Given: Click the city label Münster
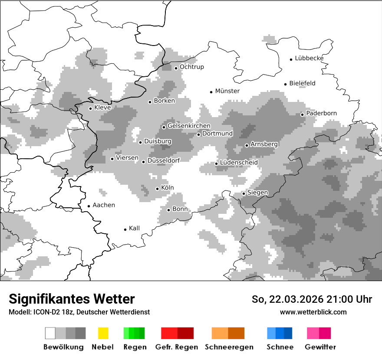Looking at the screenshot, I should point(227,91).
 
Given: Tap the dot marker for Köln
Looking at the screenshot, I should point(157,189).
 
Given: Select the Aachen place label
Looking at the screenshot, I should point(104,205).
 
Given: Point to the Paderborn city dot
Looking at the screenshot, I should point(302,115).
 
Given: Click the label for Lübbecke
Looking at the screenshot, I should point(309,58).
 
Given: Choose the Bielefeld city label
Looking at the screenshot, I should point(302,83).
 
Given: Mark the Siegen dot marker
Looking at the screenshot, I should point(244,193).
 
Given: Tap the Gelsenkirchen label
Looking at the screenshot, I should point(189,126).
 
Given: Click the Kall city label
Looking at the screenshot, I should point(134,228).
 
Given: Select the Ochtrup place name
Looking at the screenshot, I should point(191,67).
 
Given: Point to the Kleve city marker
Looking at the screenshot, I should point(90,108).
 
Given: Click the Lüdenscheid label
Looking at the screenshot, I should point(239,163).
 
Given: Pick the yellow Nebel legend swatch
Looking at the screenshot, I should point(103,333).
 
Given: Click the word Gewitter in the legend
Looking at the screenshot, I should point(320,347).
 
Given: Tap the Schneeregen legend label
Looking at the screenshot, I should point(229,347).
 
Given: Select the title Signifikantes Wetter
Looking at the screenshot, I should point(72,299).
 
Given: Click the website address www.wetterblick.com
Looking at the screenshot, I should point(313,312).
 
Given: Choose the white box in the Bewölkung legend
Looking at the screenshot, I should point(50,333).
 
